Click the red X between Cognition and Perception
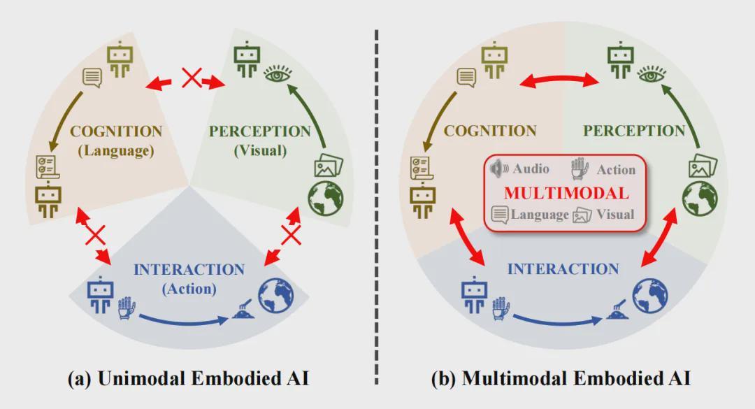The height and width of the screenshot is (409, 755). tap(191, 77)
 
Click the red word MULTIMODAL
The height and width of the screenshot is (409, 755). tap(566, 192)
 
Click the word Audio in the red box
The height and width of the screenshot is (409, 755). tap(531, 168)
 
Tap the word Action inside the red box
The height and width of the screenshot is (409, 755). tap(616, 169)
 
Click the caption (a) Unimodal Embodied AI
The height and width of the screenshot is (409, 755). tap(187, 380)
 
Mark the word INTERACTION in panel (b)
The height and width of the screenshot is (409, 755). tap(563, 269)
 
